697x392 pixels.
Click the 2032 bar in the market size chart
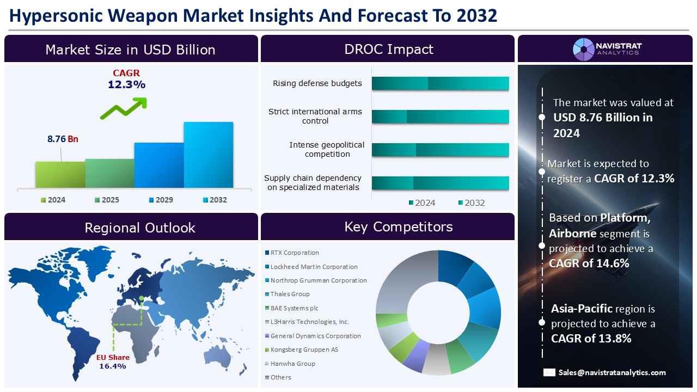point(209,155)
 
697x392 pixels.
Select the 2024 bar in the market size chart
point(60,175)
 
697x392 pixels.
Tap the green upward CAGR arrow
point(124,108)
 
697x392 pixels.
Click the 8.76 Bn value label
point(63,139)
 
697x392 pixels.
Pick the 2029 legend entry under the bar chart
point(161,200)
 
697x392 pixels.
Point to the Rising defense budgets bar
point(441,83)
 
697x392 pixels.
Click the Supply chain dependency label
point(313,182)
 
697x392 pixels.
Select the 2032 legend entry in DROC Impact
point(472,203)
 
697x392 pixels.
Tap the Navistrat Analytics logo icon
point(584,50)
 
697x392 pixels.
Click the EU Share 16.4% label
point(113,362)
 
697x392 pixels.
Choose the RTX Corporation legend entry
point(292,253)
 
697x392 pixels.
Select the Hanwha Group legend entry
point(290,363)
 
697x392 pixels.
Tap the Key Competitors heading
point(398,227)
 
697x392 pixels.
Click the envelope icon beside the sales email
point(549,372)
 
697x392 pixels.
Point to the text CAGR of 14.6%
point(589,263)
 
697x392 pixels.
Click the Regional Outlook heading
point(140,228)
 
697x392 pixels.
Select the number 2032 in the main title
point(476,16)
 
